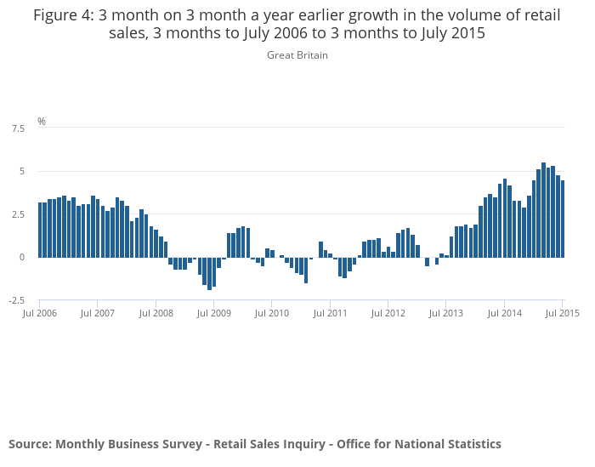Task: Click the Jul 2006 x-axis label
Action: click(40, 313)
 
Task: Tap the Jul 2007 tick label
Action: click(98, 313)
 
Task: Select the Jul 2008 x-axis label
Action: click(156, 313)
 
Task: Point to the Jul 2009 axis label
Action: click(214, 313)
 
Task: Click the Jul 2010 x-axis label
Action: click(272, 313)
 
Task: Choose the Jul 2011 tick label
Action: click(330, 313)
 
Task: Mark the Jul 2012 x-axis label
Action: click(388, 313)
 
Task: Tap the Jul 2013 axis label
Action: click(446, 313)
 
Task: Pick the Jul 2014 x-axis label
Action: click(504, 313)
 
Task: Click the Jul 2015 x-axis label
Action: click(562, 313)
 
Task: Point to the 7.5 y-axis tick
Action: click(18, 128)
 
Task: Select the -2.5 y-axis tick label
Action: click(16, 300)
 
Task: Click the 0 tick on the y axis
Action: click(22, 257)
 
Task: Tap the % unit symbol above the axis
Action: click(42, 122)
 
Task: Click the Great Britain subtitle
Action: click(297, 55)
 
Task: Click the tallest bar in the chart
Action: click(543, 209)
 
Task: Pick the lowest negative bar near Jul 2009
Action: click(209, 273)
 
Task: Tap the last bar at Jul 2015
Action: click(563, 219)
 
